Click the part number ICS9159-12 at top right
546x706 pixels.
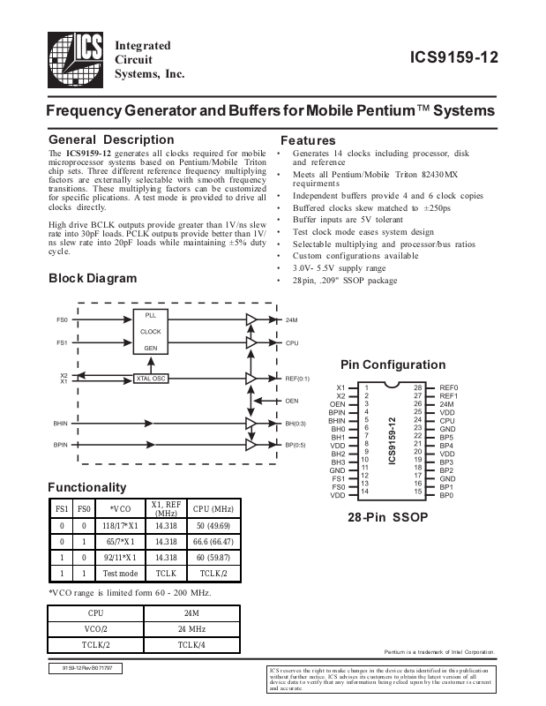point(454,59)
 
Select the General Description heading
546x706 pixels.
point(111,139)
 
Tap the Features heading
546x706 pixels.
point(308,140)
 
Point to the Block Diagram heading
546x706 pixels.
point(93,278)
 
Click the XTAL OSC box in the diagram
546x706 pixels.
point(151,379)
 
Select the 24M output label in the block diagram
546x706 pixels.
point(291,320)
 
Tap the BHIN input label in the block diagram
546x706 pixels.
point(61,425)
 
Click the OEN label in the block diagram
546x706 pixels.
point(292,401)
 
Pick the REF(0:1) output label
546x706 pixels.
point(297,379)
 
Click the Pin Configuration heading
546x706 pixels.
point(393,364)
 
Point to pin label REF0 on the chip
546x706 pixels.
point(449,387)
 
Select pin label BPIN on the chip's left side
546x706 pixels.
point(337,412)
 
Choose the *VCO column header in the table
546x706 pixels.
point(119,508)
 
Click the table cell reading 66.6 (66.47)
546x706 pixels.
point(213,541)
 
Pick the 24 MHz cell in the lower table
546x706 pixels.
point(191,628)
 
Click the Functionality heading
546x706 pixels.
point(86,487)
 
